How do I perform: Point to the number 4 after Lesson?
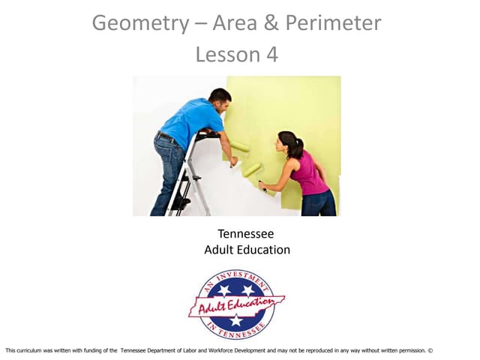(x=271, y=55)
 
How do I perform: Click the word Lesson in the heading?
(x=226, y=55)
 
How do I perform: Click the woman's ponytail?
(x=297, y=146)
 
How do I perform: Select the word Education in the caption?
(x=264, y=250)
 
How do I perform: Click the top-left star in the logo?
(x=223, y=289)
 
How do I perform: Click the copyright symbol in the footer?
(x=430, y=350)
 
